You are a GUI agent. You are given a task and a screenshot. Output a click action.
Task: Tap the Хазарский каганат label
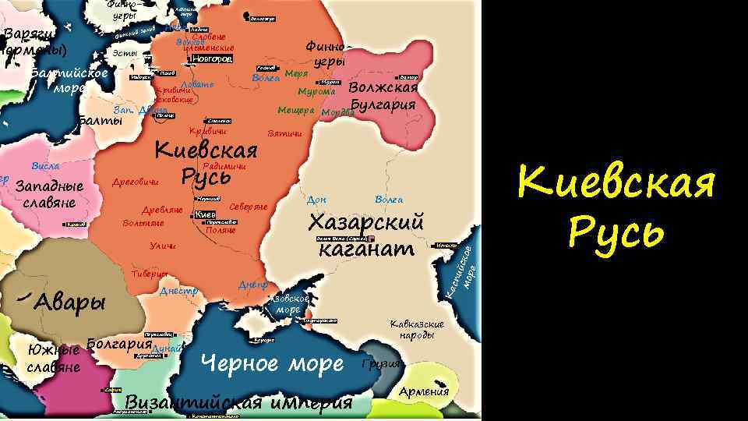pyautogui.click(x=365, y=235)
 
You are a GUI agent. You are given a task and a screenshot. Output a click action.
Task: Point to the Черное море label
pyautogui.click(x=272, y=363)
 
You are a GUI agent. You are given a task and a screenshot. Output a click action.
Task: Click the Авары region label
pyautogui.click(x=69, y=301)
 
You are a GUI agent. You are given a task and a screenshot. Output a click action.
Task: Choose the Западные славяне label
pyautogui.click(x=48, y=195)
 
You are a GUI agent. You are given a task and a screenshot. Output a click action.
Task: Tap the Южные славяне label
pyautogui.click(x=53, y=359)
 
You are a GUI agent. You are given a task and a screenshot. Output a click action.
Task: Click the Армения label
pyautogui.click(x=424, y=391)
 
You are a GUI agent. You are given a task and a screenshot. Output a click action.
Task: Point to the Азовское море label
pyautogui.click(x=292, y=304)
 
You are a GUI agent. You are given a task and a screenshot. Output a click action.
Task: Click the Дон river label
pyautogui.click(x=317, y=200)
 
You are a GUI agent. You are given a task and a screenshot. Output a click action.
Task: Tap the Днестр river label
pyautogui.click(x=178, y=292)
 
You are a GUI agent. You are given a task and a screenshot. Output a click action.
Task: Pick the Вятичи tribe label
pyautogui.click(x=284, y=134)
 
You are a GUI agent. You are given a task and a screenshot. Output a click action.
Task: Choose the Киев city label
pyautogui.click(x=205, y=214)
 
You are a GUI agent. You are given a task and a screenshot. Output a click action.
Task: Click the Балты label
pyautogui.click(x=101, y=121)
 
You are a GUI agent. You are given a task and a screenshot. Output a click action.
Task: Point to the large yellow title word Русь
pyautogui.click(x=616, y=230)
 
